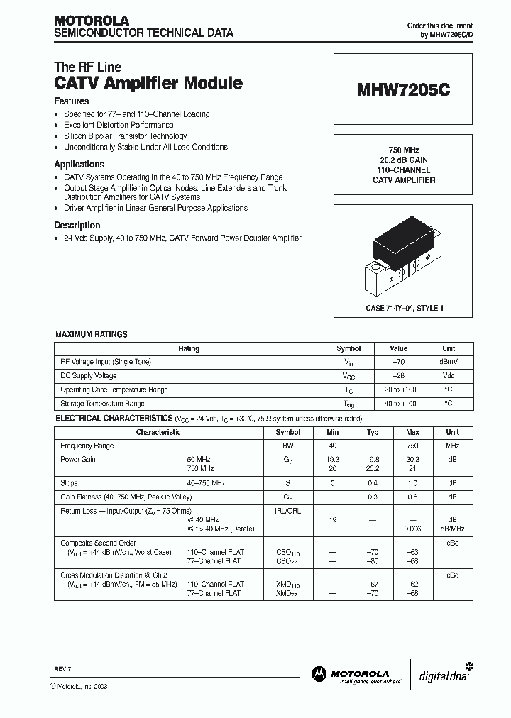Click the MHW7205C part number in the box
pyautogui.click(x=402, y=91)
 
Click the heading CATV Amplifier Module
pyautogui.click(x=148, y=83)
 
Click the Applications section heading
pyautogui.click(x=79, y=164)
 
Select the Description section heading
pyautogui.click(x=77, y=225)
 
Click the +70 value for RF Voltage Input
pyautogui.click(x=399, y=362)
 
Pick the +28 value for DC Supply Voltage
pyautogui.click(x=399, y=375)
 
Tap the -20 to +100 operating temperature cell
pyautogui.click(x=399, y=390)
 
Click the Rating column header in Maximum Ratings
pyautogui.click(x=189, y=348)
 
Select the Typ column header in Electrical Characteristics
pyautogui.click(x=373, y=432)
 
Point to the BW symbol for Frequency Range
pyautogui.click(x=287, y=446)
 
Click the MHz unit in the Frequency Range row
pyautogui.click(x=452, y=446)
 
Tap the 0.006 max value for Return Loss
pyautogui.click(x=412, y=529)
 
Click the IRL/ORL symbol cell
pyautogui.click(x=287, y=510)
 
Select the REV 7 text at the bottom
pyautogui.click(x=62, y=669)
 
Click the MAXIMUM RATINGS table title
pyautogui.click(x=92, y=334)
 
